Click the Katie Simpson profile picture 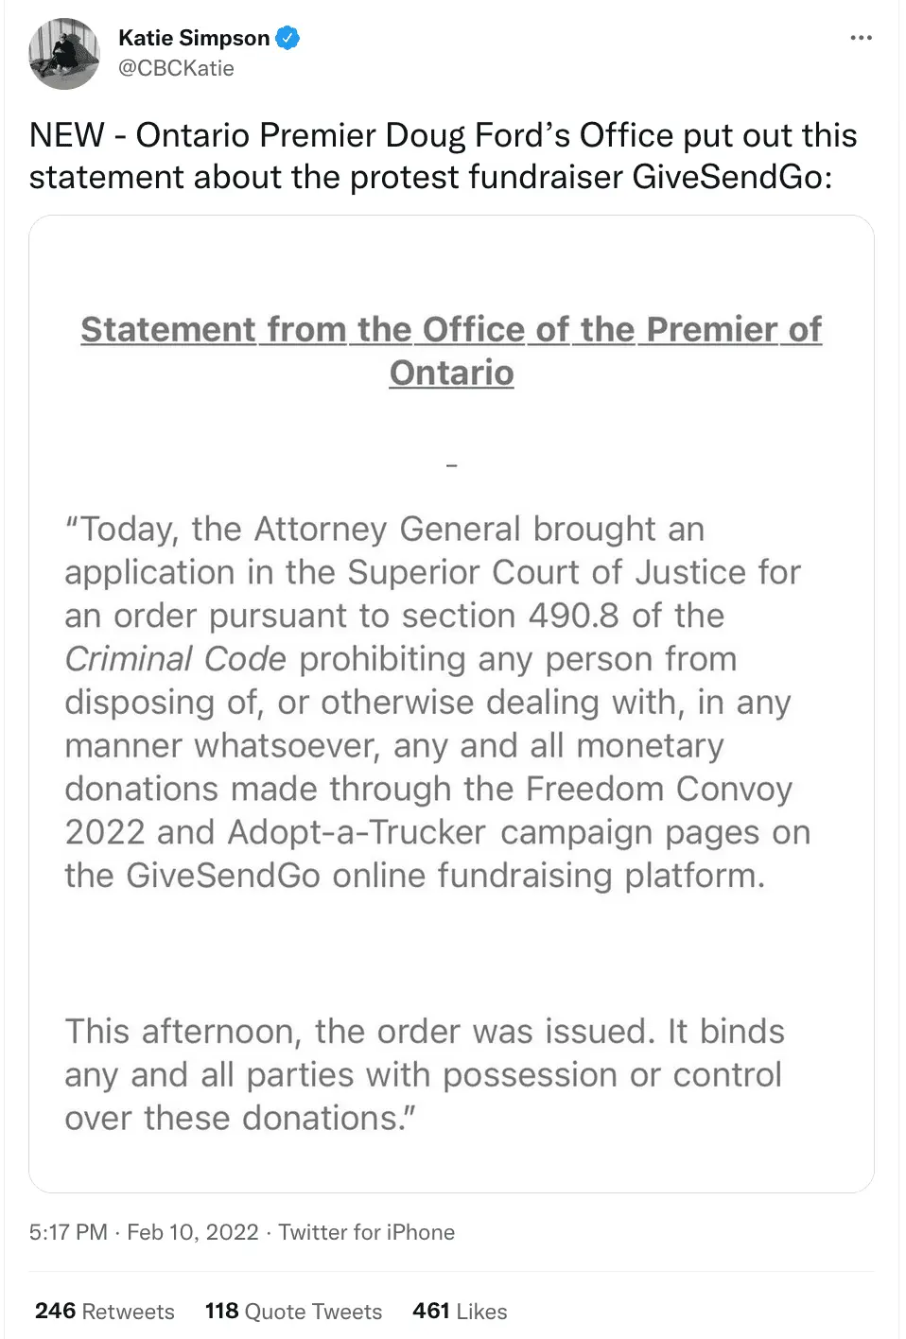click(64, 54)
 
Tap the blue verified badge click(287, 39)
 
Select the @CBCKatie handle click(176, 68)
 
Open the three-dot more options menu click(861, 38)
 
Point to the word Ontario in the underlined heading click(451, 373)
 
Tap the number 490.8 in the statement click(574, 616)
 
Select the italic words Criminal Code click(175, 659)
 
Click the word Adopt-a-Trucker click(357, 832)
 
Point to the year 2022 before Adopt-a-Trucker click(104, 832)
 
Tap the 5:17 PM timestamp click(68, 1232)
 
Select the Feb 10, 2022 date click(193, 1232)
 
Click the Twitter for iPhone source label click(367, 1232)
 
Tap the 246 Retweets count click(104, 1312)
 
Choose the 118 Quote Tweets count click(293, 1312)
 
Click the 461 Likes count click(460, 1312)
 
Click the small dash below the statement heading click(451, 465)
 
